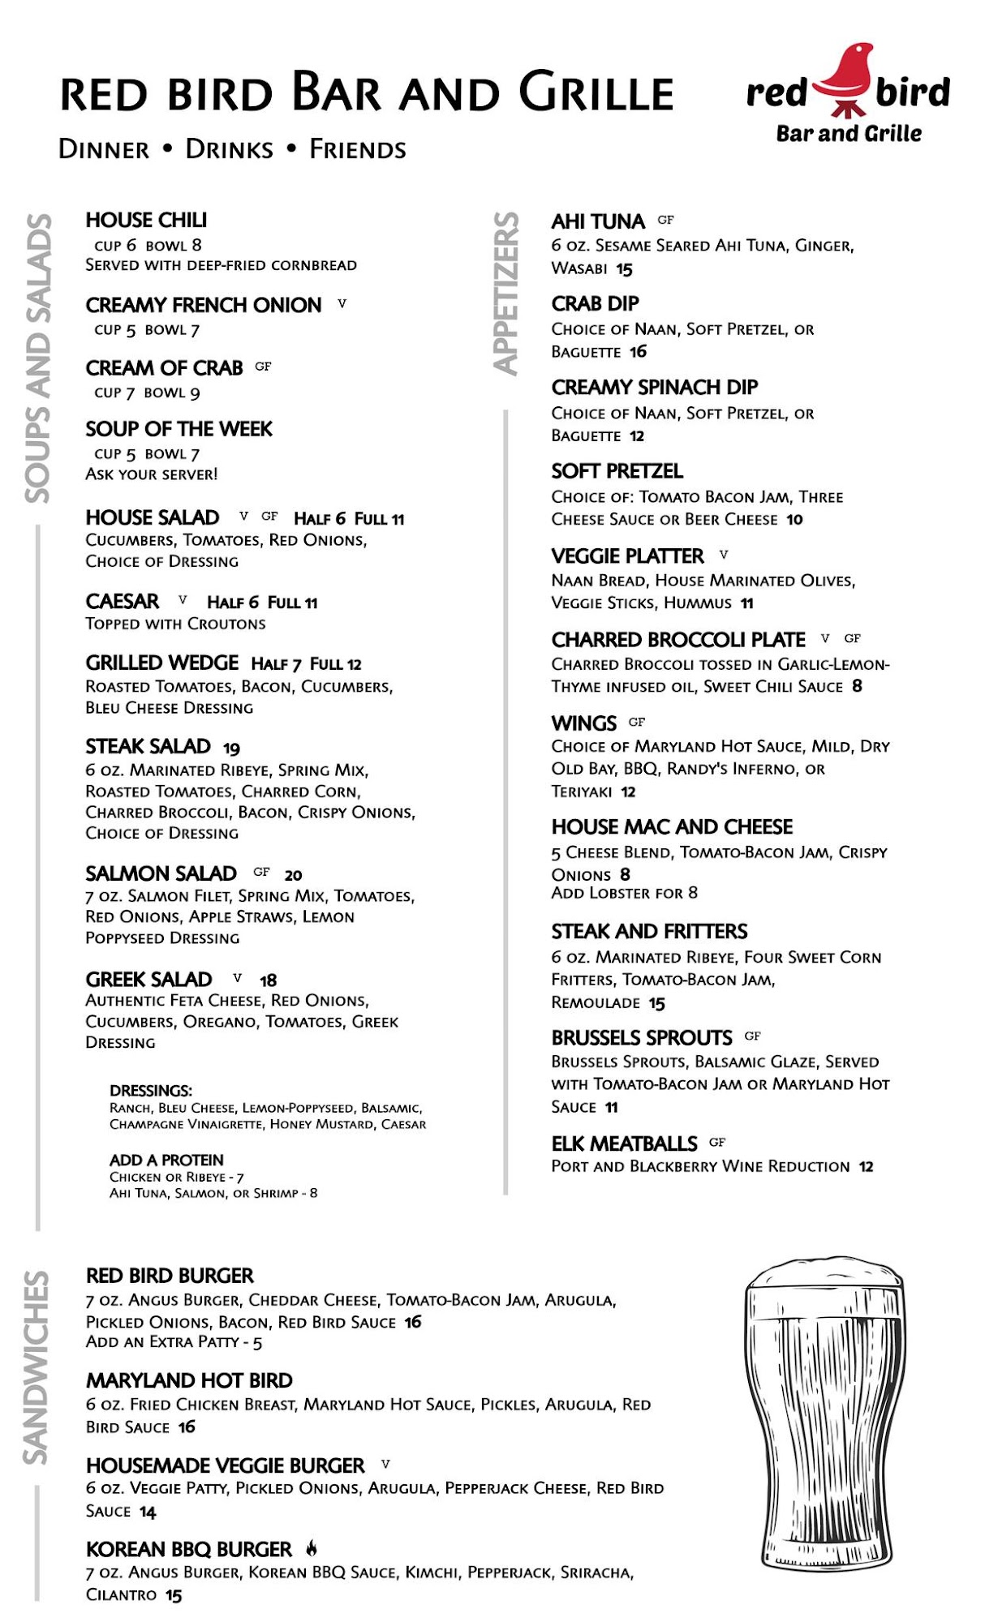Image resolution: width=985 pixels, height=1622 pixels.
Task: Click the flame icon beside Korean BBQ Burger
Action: click(312, 1548)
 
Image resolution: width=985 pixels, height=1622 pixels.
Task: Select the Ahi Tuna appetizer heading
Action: click(598, 221)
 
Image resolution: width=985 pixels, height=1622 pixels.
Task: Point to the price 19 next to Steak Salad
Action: click(231, 749)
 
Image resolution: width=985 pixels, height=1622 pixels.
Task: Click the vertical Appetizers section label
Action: click(506, 293)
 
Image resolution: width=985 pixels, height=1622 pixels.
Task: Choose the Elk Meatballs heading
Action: click(624, 1144)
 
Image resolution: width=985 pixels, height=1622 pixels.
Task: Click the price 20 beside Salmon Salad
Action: click(293, 875)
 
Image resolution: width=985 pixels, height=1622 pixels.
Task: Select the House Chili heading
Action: click(146, 221)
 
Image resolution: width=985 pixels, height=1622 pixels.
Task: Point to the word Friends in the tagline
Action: click(358, 150)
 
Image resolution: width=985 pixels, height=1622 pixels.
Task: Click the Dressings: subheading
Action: click(151, 1091)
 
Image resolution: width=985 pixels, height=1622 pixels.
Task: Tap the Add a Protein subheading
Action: click(166, 1161)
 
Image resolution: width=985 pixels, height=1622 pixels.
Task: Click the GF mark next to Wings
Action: click(637, 722)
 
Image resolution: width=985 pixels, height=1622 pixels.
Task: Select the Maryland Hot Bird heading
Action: click(189, 1380)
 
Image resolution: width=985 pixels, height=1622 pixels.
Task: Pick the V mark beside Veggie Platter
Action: click(724, 555)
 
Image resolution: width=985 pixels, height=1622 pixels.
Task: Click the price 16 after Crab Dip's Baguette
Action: click(639, 352)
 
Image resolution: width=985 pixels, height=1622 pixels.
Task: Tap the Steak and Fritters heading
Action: click(649, 931)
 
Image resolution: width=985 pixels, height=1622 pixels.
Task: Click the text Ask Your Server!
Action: click(152, 474)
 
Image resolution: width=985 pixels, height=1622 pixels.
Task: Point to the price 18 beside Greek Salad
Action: click(268, 980)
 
